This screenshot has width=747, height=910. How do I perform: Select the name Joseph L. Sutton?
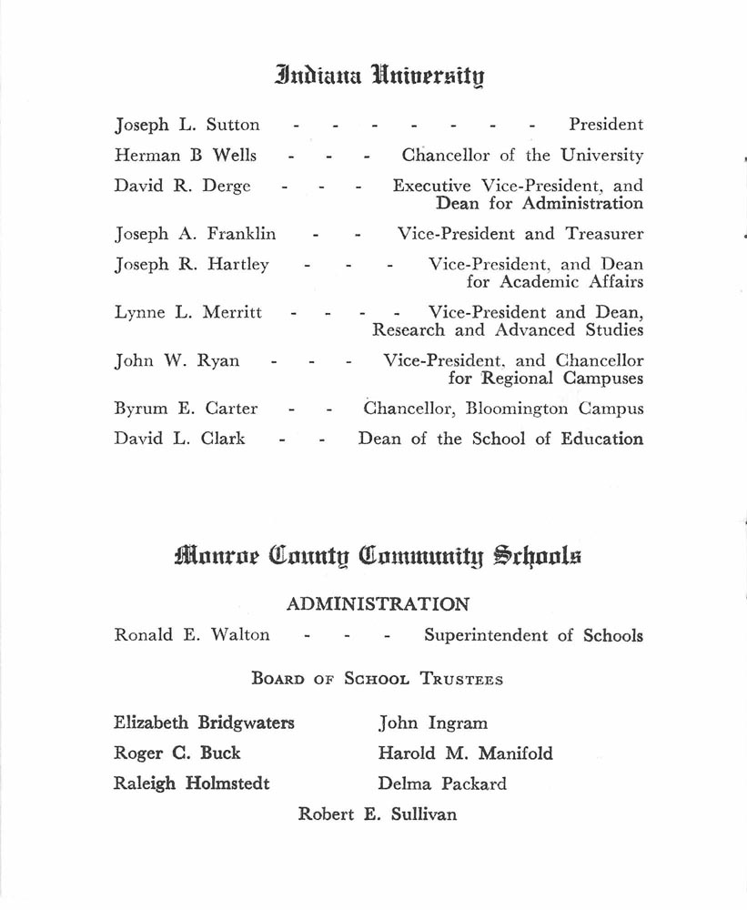[x=187, y=126]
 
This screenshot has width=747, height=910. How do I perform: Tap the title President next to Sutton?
[x=605, y=126]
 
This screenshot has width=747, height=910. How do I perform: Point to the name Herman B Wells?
[x=186, y=156]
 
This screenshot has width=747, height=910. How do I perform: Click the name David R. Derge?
[x=182, y=187]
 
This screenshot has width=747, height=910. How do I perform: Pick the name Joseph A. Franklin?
[x=195, y=234]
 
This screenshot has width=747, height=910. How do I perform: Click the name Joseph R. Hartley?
[x=191, y=265]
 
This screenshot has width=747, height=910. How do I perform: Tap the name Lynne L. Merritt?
[x=187, y=312]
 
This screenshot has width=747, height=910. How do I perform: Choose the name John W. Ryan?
[x=177, y=360]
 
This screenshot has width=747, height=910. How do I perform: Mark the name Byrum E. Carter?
[x=186, y=409]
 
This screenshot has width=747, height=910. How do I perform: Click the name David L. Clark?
[x=179, y=439]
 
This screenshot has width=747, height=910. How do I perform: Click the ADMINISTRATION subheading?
[x=378, y=603]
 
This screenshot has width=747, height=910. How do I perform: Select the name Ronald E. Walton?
[x=191, y=635]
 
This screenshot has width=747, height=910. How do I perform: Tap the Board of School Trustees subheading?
[x=377, y=679]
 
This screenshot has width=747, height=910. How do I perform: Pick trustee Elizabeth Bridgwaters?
[x=204, y=723]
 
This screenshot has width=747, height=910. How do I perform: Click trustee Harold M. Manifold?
[x=465, y=753]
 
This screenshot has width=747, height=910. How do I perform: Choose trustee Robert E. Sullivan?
[x=377, y=814]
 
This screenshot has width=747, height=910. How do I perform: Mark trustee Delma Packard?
[x=442, y=784]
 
